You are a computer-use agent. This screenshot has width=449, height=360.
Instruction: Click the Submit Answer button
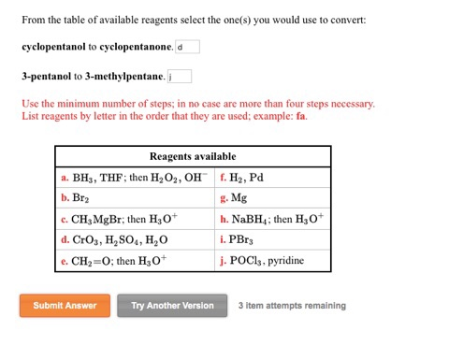[65, 305]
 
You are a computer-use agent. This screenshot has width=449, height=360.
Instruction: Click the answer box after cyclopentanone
[186, 47]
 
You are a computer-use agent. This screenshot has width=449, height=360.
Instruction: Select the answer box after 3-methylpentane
[180, 76]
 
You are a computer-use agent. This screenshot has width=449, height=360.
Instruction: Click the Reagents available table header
[193, 156]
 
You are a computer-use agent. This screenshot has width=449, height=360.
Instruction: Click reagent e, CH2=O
[111, 260]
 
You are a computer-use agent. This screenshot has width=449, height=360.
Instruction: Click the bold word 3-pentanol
[46, 76]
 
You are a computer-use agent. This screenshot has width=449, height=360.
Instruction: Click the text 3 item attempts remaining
[292, 305]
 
